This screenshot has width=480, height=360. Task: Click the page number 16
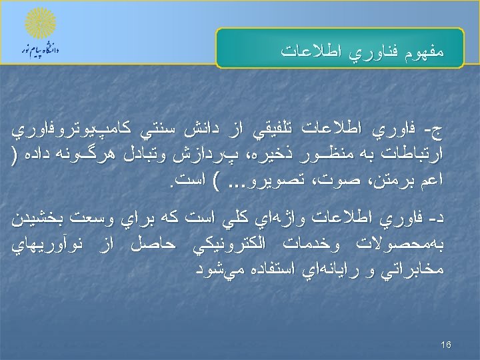446,344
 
